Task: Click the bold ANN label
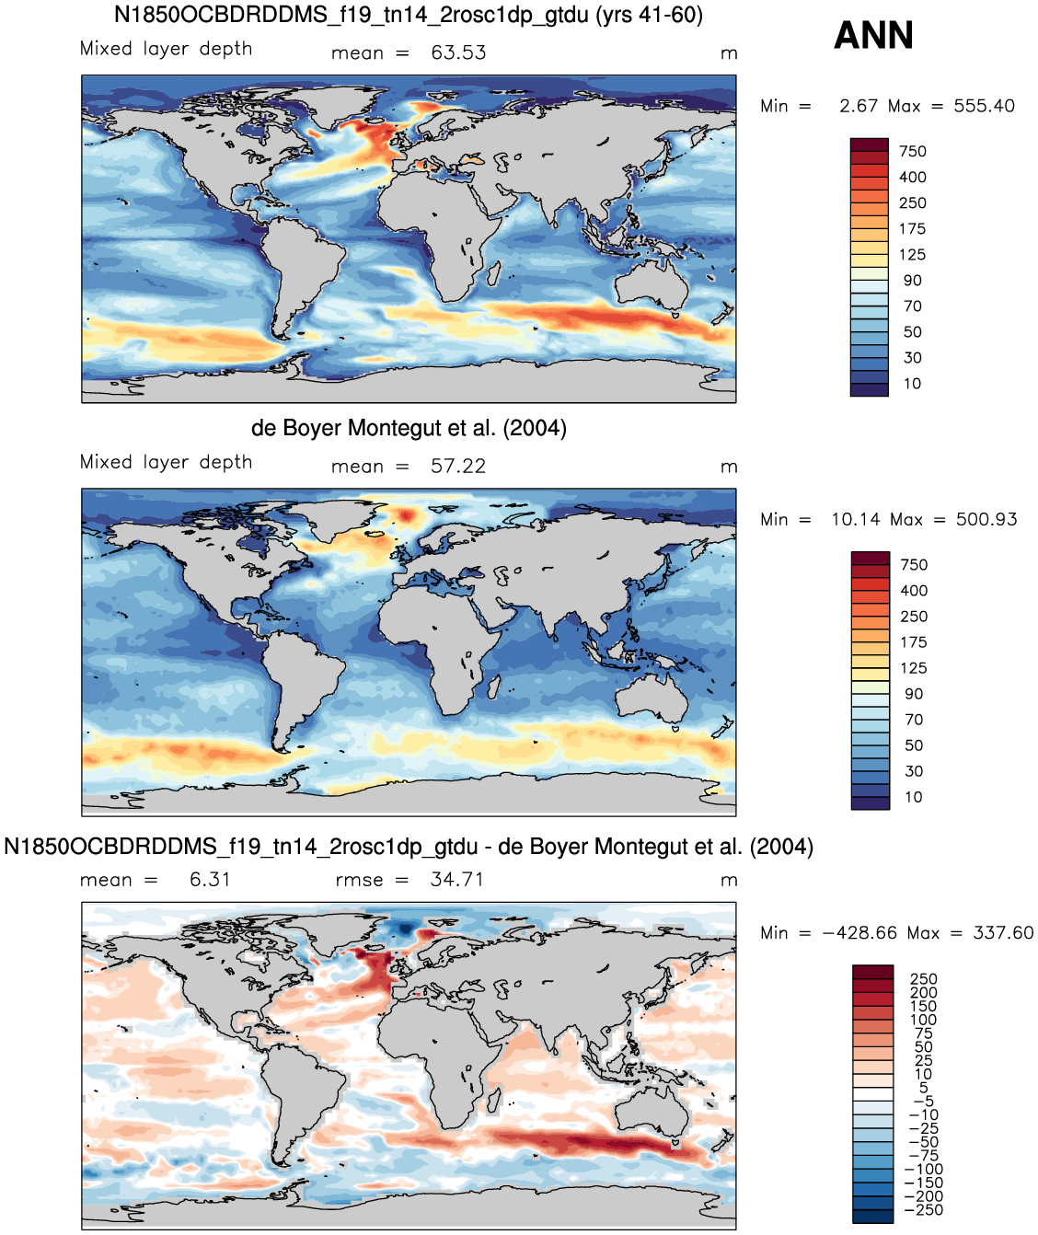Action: coord(873,35)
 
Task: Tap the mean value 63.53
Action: coord(458,52)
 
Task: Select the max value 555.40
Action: coord(985,106)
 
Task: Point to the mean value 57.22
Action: coord(458,466)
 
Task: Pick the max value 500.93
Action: coord(986,519)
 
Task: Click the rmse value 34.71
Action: coord(456,880)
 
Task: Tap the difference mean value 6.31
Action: coord(210,880)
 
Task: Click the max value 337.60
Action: coord(1003,933)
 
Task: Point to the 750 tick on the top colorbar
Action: coord(913,152)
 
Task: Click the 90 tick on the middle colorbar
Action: coord(914,694)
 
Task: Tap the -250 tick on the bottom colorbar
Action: coord(924,1209)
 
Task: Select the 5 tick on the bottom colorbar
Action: coord(923,1087)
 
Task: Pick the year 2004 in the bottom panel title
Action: coord(781,847)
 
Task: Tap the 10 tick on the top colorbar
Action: coord(913,383)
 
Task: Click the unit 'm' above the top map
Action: coord(729,53)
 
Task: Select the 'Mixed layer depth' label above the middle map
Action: coord(167,463)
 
